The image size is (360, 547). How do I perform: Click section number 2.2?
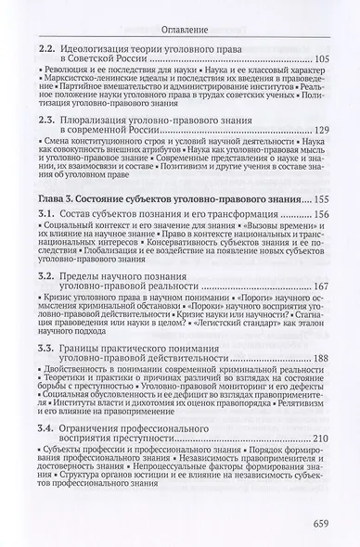(45, 47)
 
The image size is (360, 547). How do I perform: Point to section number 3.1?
(45, 214)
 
